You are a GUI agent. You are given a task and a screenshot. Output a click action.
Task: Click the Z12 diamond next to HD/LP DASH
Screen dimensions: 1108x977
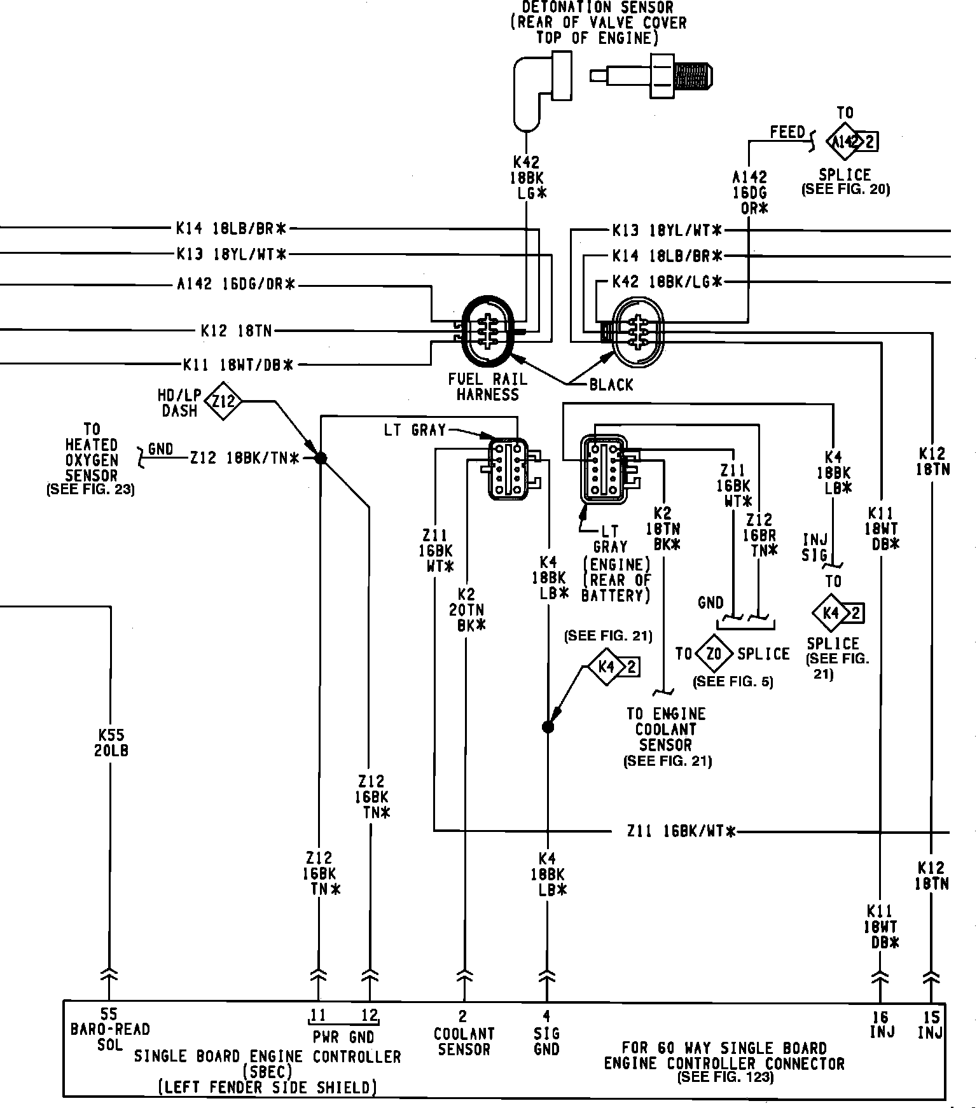click(x=224, y=401)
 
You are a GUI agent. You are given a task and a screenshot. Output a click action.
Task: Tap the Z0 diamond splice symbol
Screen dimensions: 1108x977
click(x=714, y=654)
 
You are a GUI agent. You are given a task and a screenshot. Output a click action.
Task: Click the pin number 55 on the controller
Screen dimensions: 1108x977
click(x=109, y=1015)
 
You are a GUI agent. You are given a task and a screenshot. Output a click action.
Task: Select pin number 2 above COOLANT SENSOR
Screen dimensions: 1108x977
click(x=463, y=1016)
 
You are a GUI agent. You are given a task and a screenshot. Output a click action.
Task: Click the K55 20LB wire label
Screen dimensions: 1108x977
click(x=111, y=742)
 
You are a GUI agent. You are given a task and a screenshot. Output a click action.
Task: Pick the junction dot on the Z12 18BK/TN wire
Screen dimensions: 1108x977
click(x=321, y=458)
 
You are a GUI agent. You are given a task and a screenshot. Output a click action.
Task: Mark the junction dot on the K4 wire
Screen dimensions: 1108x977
click(x=548, y=726)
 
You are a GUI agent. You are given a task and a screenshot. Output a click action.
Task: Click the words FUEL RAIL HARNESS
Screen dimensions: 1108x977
click(x=488, y=387)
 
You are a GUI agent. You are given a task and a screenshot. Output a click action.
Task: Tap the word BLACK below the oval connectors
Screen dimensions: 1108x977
click(x=611, y=385)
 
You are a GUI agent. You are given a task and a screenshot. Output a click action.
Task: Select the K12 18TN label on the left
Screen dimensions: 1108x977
click(x=236, y=331)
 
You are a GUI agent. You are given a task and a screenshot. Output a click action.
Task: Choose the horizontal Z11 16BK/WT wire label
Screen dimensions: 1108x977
click(x=681, y=831)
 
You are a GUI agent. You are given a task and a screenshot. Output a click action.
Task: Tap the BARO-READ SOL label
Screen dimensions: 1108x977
click(x=110, y=1037)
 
